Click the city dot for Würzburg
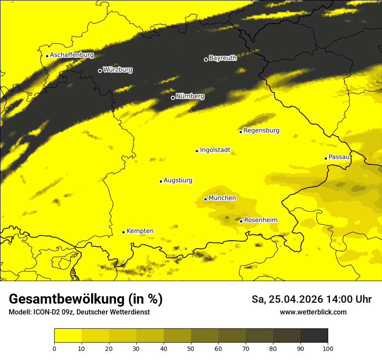pyautogui.click(x=100, y=71)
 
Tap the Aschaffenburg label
pyautogui.click(x=72, y=55)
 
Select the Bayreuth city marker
pyautogui.click(x=206, y=59)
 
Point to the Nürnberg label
pyautogui.click(x=190, y=96)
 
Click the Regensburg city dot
pyautogui.click(x=240, y=132)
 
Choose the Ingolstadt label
pyautogui.click(x=215, y=150)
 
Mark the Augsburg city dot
pyautogui.click(x=161, y=181)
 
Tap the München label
pyautogui.click(x=222, y=198)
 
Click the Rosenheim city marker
pyautogui.click(x=241, y=221)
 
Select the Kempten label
pyautogui.click(x=140, y=231)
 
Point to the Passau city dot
pyautogui.click(x=326, y=158)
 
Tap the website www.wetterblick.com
pyautogui.click(x=313, y=312)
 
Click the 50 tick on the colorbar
pyautogui.click(x=191, y=348)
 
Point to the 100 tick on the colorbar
pyautogui.click(x=328, y=348)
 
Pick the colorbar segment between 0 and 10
pyautogui.click(x=68, y=335)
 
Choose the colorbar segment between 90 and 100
pyautogui.click(x=314, y=335)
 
